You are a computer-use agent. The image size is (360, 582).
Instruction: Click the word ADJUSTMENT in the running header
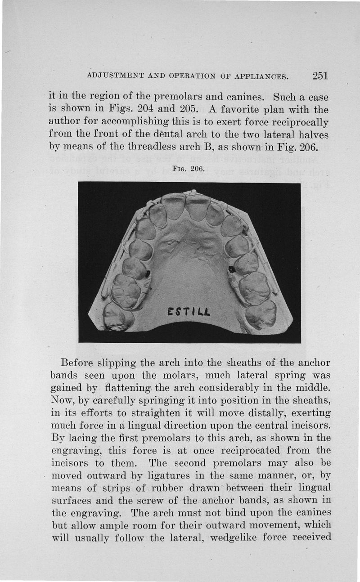[x=118, y=76]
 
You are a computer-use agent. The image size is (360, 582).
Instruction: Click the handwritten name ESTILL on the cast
[x=185, y=311]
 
